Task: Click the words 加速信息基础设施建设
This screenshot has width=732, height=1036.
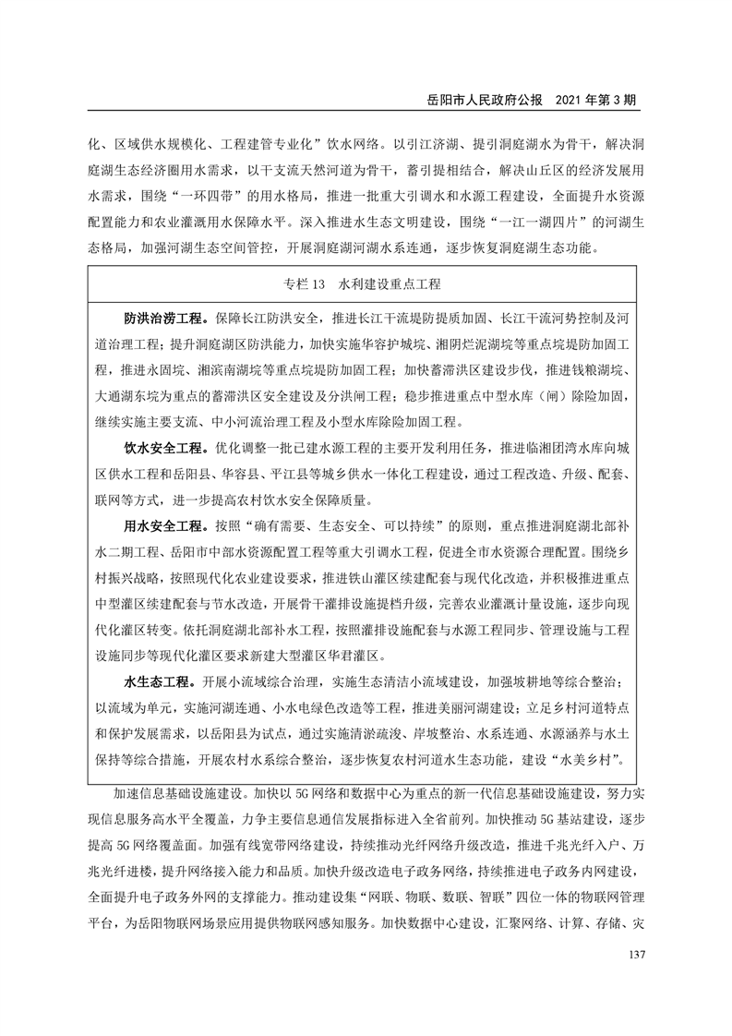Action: [185, 792]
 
